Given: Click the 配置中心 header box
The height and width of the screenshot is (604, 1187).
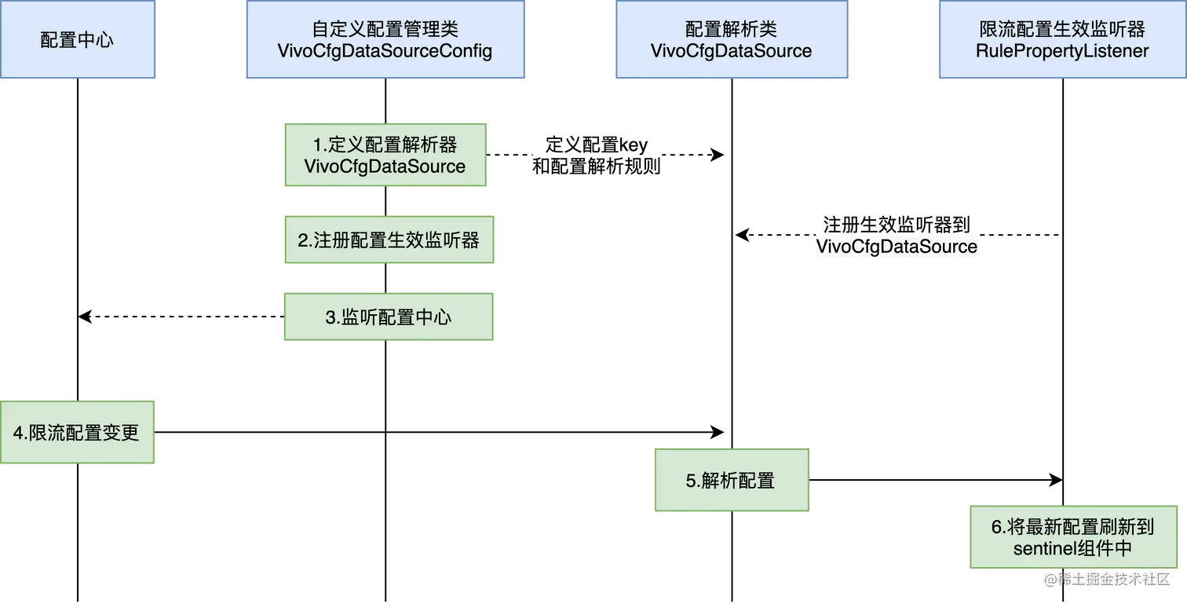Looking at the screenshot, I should click(x=78, y=39).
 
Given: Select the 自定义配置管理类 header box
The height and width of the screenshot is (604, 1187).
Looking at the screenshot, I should click(x=385, y=39).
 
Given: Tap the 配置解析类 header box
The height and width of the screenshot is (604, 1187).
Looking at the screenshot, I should click(x=731, y=39).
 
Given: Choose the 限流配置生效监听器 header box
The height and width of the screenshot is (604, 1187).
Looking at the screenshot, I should click(x=1062, y=39).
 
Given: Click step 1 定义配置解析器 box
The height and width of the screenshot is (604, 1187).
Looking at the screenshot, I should click(x=385, y=154).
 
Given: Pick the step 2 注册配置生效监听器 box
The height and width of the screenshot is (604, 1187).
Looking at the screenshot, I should click(x=388, y=240).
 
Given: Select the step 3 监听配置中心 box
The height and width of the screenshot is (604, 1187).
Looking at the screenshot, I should click(x=388, y=317).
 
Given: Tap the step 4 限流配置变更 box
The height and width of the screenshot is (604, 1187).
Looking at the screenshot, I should click(x=78, y=433).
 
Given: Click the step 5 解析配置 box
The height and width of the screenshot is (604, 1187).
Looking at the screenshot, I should click(x=731, y=481).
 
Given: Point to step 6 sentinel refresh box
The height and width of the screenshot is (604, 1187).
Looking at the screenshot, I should click(x=1073, y=536).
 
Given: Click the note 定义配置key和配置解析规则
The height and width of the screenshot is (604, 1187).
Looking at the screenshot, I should click(x=597, y=156).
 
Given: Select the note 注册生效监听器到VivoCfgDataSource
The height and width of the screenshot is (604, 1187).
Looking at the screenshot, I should click(x=896, y=235).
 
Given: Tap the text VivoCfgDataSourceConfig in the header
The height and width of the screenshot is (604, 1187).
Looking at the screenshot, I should click(x=385, y=51).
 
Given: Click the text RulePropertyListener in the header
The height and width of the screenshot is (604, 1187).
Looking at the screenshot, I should click(x=1062, y=51).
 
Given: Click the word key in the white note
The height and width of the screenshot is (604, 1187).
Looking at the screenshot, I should click(x=634, y=146).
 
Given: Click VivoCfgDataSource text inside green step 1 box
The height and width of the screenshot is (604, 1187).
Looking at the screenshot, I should click(x=385, y=167).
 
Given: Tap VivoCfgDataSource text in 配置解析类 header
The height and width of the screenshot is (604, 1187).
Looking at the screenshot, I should click(x=731, y=51).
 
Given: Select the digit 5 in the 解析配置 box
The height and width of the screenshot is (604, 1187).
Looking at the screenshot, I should click(x=691, y=481).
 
